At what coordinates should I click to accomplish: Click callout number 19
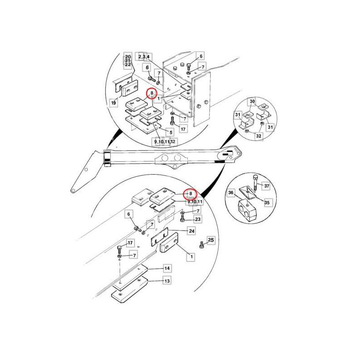point(114,103)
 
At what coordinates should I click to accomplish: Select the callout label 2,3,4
point(144,57)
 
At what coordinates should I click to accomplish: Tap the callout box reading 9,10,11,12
point(165,142)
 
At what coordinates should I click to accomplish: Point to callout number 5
point(171,132)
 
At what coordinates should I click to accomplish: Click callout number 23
point(198,219)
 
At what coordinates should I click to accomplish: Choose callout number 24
point(192,231)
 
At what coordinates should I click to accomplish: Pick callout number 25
point(211,240)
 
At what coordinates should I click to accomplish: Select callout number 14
point(167,268)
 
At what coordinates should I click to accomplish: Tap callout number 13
point(167,281)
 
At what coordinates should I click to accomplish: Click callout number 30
point(252,102)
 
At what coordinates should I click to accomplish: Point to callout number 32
point(258,136)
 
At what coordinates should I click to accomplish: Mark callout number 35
point(267,203)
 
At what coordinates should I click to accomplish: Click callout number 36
point(231,193)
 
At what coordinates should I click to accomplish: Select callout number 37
point(266,186)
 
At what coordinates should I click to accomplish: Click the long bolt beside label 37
point(255,183)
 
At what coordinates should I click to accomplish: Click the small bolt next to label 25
point(202,245)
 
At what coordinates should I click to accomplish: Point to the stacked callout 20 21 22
point(128,61)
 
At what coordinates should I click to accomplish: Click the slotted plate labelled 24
point(159,237)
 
